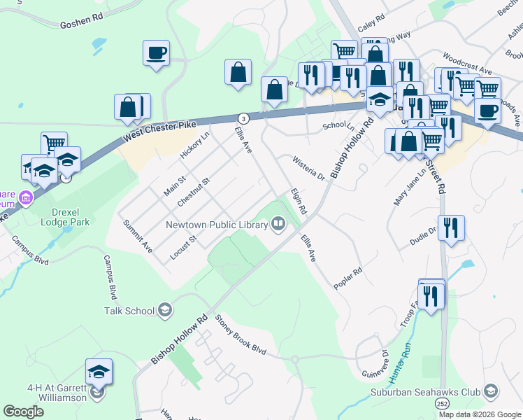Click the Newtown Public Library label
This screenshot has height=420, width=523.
click(x=217, y=225)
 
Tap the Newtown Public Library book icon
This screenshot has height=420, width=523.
click(x=278, y=225)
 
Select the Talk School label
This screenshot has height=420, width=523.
click(x=129, y=310)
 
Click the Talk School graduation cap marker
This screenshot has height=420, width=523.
click(x=165, y=310)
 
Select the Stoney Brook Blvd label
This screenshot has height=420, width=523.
click(x=242, y=334)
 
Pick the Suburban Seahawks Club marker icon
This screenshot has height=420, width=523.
click(x=491, y=391)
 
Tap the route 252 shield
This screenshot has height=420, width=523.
click(x=442, y=405)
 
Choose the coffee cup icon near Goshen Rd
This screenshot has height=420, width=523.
click(x=156, y=52)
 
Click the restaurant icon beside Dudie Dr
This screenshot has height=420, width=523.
click(x=451, y=227)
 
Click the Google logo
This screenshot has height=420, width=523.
click(x=24, y=411)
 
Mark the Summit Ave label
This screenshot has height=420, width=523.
click(x=138, y=236)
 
